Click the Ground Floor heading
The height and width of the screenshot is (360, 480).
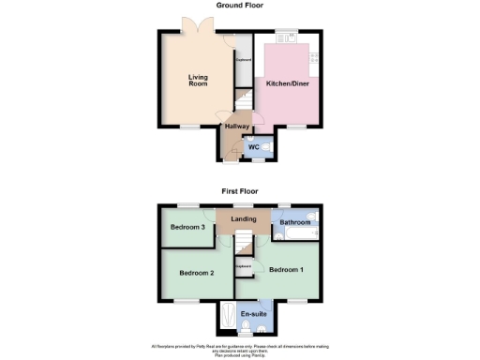tap(240, 6)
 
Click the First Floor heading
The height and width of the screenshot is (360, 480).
tap(240, 190)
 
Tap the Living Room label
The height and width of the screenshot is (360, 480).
tap(197, 80)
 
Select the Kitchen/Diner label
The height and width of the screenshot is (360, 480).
tap(288, 84)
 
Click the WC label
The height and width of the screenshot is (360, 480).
tap(253, 147)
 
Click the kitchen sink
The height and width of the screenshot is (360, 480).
tap(292, 37)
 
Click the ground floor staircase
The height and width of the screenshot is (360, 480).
tap(242, 99)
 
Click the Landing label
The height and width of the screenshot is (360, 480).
tap(244, 220)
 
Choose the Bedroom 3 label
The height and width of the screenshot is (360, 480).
tap(187, 228)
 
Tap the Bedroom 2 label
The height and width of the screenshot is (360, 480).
tap(198, 273)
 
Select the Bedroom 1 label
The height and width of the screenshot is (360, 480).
tap(286, 270)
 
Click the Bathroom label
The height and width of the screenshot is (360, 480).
tap(294, 222)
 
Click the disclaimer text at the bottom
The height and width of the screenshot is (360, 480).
tap(240, 350)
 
